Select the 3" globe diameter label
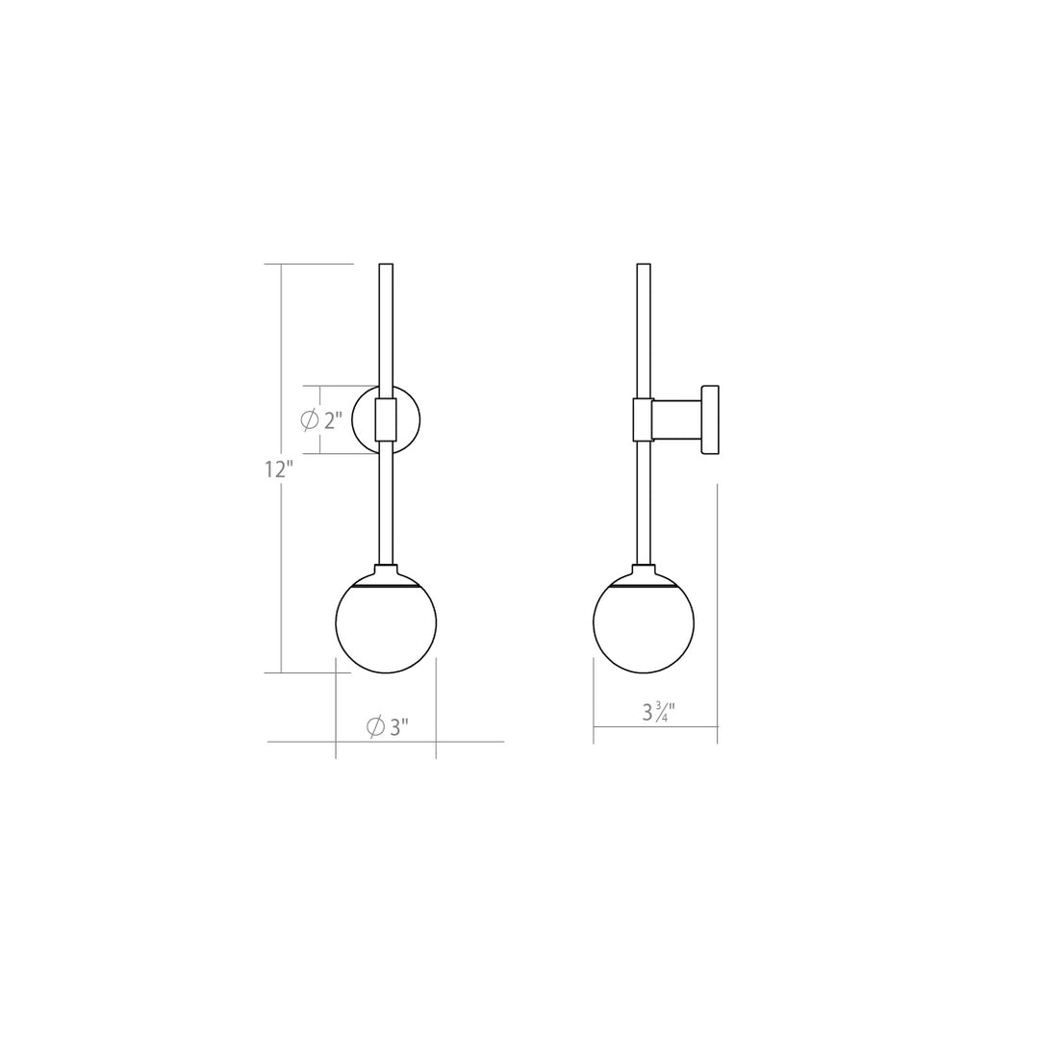tap(397, 727)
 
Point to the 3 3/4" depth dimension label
tap(659, 713)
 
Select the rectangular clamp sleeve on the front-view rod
tap(386, 420)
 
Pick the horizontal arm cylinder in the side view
tap(678, 420)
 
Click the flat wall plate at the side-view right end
tap(711, 420)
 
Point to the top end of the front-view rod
tap(386, 266)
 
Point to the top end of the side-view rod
tap(644, 266)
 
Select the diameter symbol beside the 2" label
tap(310, 420)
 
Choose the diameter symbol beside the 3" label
tap(376, 727)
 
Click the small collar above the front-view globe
tap(386, 569)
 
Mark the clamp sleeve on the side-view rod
tap(643, 420)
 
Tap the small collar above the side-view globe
tap(644, 569)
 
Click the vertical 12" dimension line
tap(281, 577)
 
